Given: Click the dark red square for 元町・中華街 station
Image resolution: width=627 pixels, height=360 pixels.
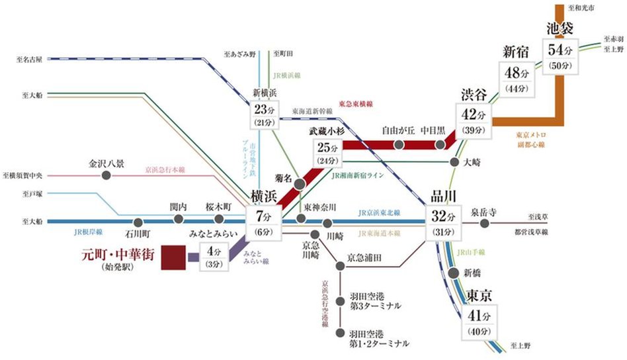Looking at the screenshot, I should tap(173, 257).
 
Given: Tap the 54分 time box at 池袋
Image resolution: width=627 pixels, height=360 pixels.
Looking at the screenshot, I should tap(560, 57).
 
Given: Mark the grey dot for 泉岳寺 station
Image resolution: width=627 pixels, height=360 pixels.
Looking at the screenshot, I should tap(485, 223).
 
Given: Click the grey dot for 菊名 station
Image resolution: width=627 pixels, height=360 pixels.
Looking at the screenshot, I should tap(300, 183).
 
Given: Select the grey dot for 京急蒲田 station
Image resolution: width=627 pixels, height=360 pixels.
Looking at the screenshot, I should tap(340, 265).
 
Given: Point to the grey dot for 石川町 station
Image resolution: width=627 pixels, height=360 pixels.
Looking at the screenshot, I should tap(138, 223).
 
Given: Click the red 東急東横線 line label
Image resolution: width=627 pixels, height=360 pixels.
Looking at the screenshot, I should tap(356, 105).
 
